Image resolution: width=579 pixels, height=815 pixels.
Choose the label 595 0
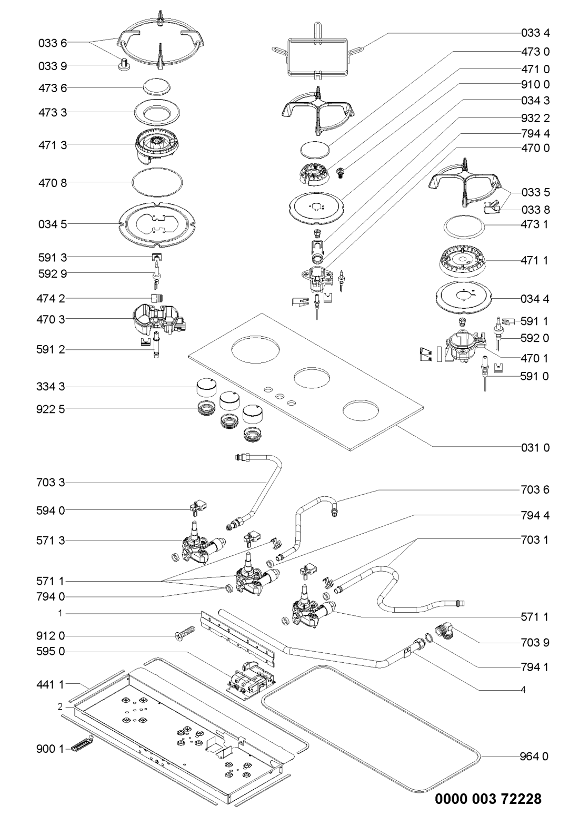53,651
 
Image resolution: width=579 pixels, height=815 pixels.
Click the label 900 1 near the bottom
53,749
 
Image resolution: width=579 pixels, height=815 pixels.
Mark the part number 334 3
53,387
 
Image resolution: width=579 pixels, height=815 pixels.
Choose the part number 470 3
53,319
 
